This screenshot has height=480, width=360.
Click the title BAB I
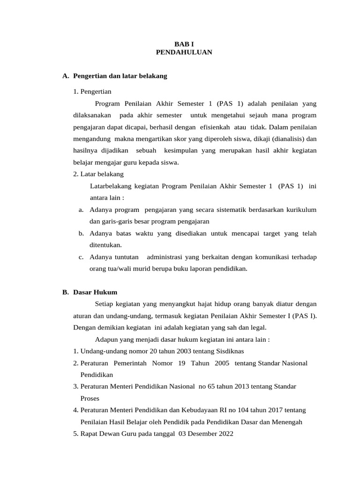click(184, 44)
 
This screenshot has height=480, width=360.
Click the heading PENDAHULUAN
click(184, 52)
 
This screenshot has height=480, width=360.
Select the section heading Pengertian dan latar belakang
click(120, 75)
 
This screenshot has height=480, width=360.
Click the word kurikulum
click(299, 209)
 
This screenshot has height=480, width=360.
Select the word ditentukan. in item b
click(105, 245)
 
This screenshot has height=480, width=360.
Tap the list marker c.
click(81, 257)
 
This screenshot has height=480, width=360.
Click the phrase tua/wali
click(118, 269)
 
